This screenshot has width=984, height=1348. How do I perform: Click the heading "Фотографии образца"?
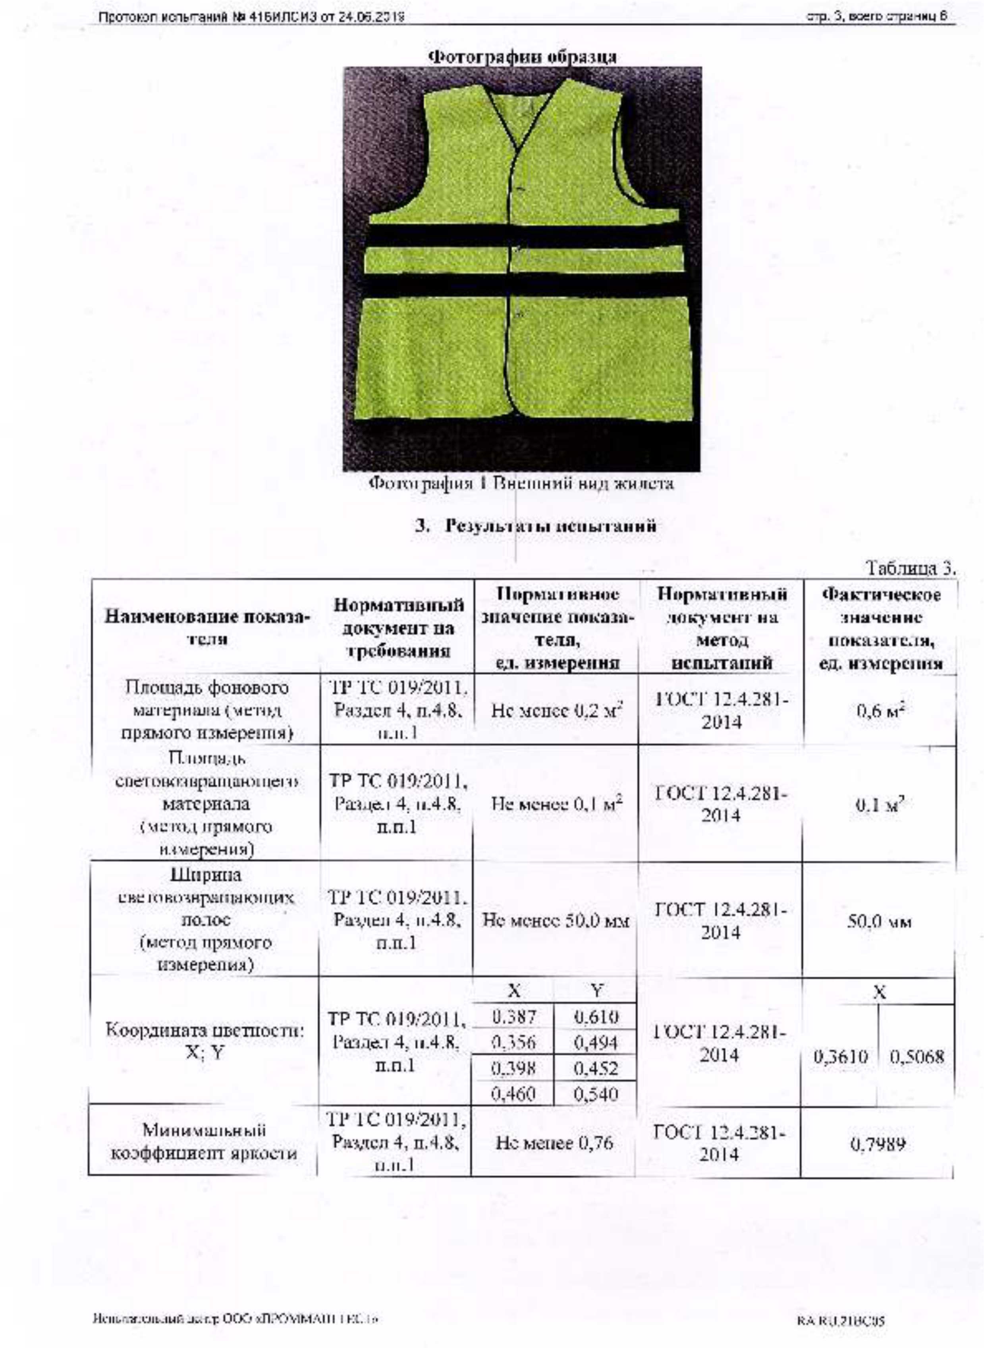pos(523,57)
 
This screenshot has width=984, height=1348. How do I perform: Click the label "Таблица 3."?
pos(911,568)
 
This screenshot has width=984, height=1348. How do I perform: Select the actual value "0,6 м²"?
pos(880,711)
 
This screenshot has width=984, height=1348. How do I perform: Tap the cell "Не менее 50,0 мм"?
pos(556,922)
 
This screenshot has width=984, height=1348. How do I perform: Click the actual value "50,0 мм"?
pos(880,922)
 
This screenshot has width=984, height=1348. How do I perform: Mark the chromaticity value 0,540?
pos(597,1094)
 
